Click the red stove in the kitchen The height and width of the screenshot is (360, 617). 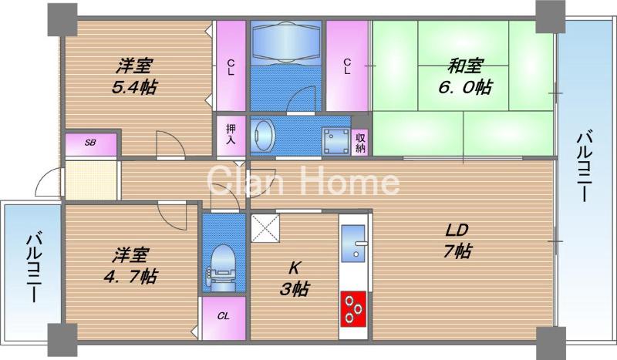click(x=353, y=309)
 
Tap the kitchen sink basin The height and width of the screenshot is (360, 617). click(x=353, y=243)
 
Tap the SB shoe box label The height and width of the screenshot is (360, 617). click(x=90, y=143)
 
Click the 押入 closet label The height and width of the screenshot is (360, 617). click(x=231, y=134)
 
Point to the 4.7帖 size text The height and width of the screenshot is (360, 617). click(x=130, y=277)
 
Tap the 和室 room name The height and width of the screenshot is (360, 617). click(x=465, y=66)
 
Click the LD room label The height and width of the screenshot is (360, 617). click(x=457, y=230)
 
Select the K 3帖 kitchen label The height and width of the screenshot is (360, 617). click(x=294, y=279)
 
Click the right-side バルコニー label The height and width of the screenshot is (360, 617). click(x=583, y=166)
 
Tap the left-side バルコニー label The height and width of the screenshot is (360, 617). click(x=33, y=267)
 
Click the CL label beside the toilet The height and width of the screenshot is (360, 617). click(x=224, y=316)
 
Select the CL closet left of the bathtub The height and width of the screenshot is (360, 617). click(x=231, y=67)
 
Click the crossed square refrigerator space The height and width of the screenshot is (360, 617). click(x=265, y=227)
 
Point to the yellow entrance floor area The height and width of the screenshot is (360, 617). click(x=91, y=180)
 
